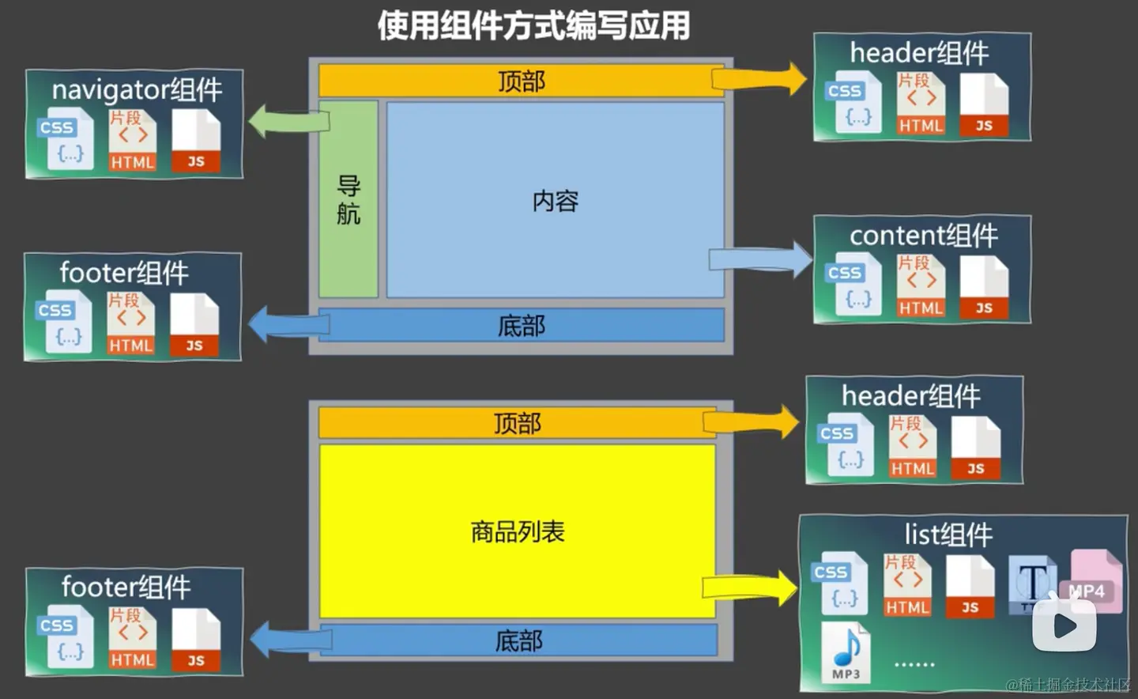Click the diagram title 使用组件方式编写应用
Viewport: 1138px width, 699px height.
[533, 25]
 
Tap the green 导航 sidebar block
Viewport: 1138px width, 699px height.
[348, 199]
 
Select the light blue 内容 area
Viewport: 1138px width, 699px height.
[555, 201]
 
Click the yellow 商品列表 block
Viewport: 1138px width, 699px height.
[517, 531]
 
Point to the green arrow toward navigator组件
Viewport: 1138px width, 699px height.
[288, 122]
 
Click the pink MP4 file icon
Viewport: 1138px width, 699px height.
[1096, 580]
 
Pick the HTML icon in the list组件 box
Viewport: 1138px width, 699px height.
[907, 586]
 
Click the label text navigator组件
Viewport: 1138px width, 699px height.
[137, 89]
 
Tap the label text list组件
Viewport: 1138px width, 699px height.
[948, 535]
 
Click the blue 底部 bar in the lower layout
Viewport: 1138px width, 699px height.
[518, 640]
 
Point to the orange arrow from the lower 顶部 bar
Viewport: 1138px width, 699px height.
[751, 422]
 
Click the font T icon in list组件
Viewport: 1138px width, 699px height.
[1031, 584]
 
